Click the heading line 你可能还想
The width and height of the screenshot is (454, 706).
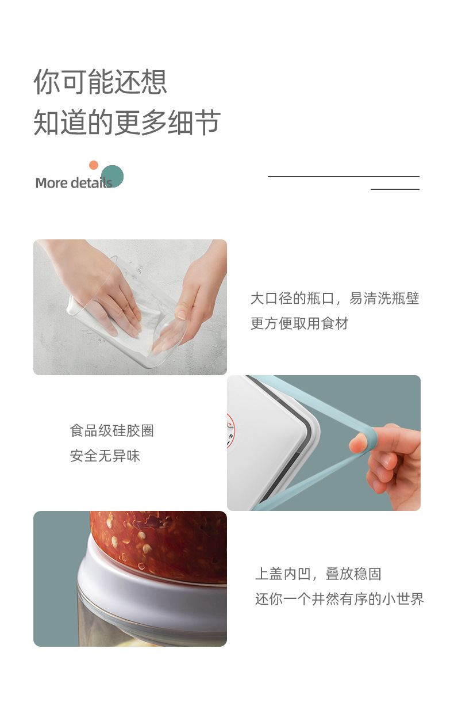click(x=100, y=82)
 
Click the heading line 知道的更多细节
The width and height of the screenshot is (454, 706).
click(x=127, y=122)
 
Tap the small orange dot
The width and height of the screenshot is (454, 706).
click(x=94, y=165)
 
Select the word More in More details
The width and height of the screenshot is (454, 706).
click(x=52, y=184)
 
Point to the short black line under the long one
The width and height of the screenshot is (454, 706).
click(x=395, y=189)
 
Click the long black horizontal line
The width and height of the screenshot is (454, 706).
click(x=343, y=177)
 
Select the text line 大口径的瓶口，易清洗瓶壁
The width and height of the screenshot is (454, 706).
click(x=334, y=299)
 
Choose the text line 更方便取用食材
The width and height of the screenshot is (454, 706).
click(x=299, y=323)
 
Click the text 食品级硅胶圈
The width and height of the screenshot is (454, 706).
click(x=112, y=431)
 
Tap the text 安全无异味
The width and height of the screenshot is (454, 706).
click(x=105, y=456)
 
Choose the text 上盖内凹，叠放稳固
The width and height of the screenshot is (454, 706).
click(x=318, y=574)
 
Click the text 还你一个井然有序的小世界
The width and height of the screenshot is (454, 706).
click(x=339, y=599)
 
